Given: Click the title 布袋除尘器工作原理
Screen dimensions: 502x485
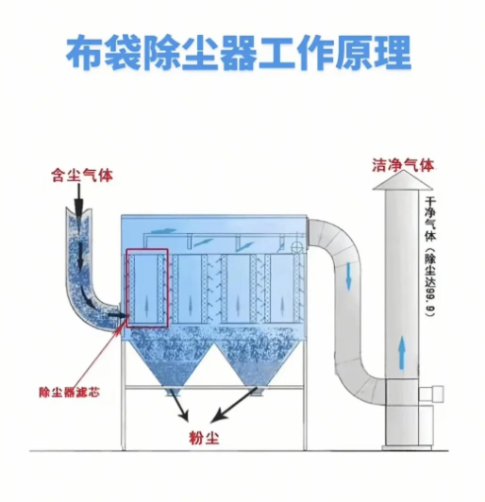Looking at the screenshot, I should (240, 56).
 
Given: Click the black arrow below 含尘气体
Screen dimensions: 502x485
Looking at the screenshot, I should (81, 198).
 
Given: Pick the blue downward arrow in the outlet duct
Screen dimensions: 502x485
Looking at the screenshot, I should (349, 275).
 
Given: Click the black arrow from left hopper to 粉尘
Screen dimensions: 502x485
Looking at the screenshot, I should (177, 406).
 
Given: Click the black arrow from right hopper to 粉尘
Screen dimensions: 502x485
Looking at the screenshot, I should (232, 406).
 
